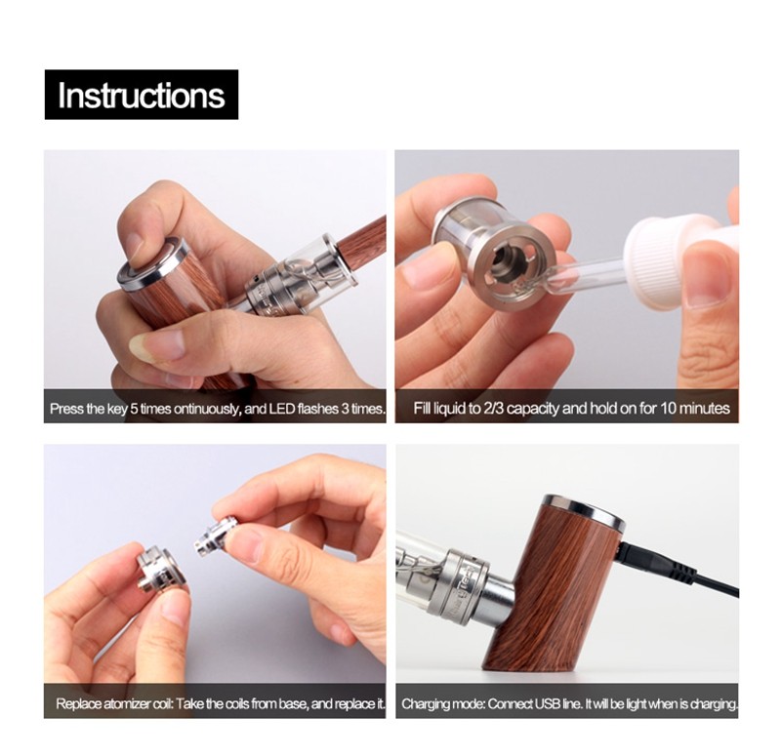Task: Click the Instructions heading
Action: coord(142,95)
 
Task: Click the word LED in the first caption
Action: coord(282,409)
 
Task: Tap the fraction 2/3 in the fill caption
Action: coord(494,409)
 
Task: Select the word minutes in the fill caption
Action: coord(705,409)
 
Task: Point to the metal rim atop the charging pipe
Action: coord(584,510)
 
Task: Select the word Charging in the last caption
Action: coord(423,704)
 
